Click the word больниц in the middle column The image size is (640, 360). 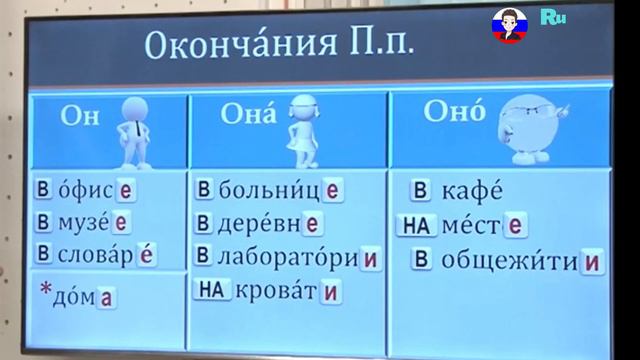(x=267, y=188)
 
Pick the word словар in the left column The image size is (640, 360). (x=95, y=253)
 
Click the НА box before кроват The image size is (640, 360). (x=210, y=291)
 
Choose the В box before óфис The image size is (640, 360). (x=43, y=189)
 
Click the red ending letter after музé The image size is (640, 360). (x=120, y=221)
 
